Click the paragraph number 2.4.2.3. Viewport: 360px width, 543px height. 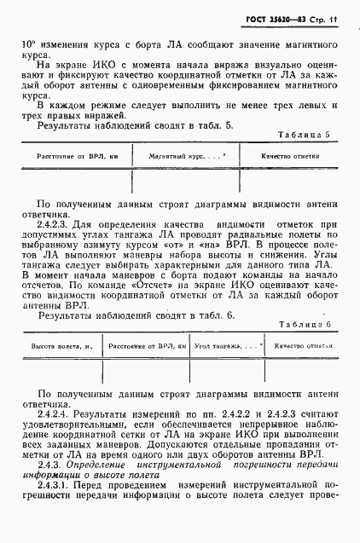coord(55,223)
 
